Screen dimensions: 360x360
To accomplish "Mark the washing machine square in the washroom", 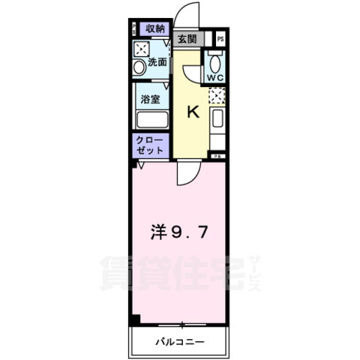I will (141, 49).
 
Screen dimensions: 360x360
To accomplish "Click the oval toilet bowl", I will (216, 63).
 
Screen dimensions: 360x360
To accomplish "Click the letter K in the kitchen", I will (192, 113).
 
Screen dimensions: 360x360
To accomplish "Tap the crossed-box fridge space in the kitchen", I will (216, 96).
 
